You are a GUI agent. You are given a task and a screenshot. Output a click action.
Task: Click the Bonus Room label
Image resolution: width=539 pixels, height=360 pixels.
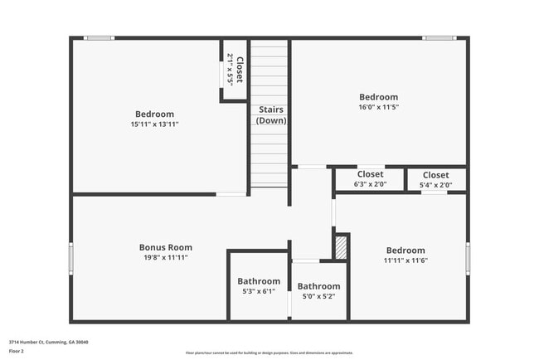click(166, 247)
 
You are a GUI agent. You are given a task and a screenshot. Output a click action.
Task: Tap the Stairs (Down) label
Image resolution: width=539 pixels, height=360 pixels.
click(271, 114)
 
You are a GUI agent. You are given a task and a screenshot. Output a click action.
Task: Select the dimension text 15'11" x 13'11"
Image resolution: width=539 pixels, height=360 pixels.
click(154, 124)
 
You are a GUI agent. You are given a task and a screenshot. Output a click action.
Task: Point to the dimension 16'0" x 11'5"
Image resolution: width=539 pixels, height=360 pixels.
click(378, 107)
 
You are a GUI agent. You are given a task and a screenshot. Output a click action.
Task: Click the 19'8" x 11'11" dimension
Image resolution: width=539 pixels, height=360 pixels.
click(166, 258)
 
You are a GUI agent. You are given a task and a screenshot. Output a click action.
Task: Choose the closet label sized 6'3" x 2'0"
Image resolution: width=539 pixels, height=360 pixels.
click(370, 174)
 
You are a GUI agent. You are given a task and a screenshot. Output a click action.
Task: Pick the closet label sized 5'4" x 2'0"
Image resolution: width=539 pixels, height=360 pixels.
click(435, 175)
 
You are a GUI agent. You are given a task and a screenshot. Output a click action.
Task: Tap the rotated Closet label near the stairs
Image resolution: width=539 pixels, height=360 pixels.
click(240, 70)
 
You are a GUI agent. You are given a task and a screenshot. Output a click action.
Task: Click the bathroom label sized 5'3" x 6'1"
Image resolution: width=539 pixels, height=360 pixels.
click(259, 281)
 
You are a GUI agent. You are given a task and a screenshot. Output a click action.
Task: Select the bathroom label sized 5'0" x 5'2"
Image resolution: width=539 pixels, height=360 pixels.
click(318, 286)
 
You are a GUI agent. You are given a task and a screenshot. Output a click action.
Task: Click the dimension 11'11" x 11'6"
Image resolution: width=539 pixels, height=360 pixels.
click(405, 260)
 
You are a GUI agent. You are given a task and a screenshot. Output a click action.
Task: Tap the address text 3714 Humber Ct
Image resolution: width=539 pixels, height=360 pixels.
click(49, 342)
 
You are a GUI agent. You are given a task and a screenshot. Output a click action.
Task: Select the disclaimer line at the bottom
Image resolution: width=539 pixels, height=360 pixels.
click(269, 352)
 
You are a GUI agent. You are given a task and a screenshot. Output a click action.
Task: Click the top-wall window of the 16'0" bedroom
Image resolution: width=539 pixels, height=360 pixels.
click(438, 37)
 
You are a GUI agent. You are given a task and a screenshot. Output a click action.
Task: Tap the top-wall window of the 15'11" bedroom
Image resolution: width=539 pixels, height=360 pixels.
click(100, 37)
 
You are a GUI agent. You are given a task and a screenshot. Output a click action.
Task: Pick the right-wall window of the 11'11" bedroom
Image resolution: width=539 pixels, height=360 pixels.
click(468, 257)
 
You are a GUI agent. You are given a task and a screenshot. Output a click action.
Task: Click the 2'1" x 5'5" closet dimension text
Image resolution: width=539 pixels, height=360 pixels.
click(230, 70)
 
